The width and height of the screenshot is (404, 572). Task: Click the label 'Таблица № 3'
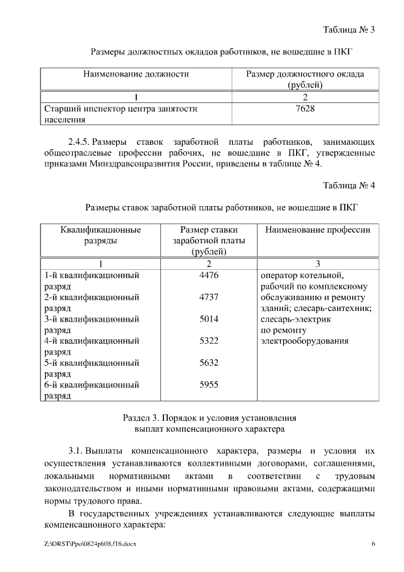click(x=348, y=30)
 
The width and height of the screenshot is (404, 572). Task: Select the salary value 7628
click(x=305, y=109)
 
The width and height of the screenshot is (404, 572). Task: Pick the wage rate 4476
click(x=208, y=275)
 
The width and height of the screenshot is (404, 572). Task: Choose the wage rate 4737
click(x=208, y=297)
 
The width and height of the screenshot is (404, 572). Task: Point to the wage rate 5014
click(x=208, y=319)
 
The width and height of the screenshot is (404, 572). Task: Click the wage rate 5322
click(x=208, y=341)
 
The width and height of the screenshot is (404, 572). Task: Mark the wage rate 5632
click(x=208, y=363)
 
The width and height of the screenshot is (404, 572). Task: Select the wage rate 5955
click(x=208, y=384)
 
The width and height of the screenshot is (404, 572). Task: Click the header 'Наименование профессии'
click(x=318, y=230)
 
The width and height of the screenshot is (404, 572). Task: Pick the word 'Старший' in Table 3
click(x=61, y=109)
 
